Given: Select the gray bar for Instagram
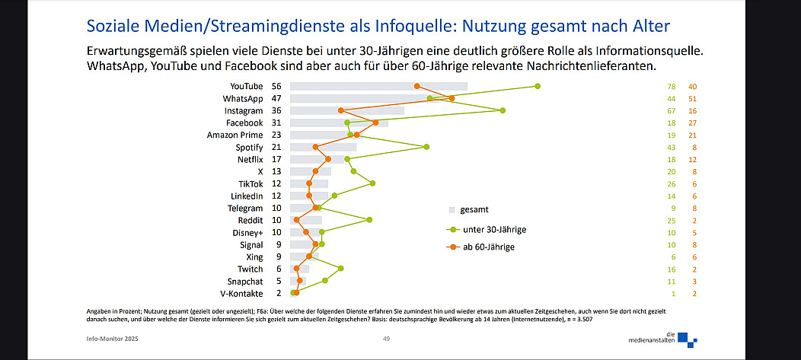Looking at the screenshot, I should pos(346,110).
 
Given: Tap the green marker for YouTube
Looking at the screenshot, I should pos(538,86).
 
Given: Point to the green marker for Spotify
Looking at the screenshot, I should pos(426,147).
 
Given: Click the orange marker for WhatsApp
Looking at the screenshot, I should pos(452,98).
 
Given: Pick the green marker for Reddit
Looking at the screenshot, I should pos(369,220).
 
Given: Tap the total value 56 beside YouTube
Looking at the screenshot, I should pos(276,86).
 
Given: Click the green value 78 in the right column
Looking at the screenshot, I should pos(672,86).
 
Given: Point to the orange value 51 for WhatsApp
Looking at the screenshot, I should pos(692,98).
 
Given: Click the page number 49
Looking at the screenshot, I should pos(386,339).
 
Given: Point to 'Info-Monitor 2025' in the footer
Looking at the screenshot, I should pos(114,339).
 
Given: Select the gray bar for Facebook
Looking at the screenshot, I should pos(339,123).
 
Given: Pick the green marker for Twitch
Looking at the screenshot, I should pos(341,268).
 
